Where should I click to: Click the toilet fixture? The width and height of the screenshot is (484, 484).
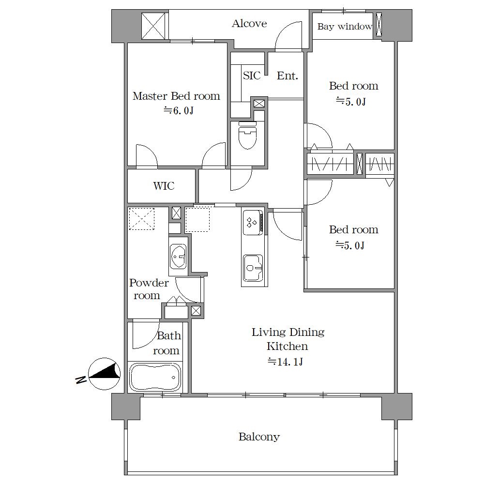click(x=247, y=135)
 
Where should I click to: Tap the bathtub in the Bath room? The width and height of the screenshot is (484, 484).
click(x=155, y=377)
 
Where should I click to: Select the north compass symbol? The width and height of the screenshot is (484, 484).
click(x=105, y=374)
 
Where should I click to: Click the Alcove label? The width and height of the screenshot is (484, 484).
click(x=249, y=23)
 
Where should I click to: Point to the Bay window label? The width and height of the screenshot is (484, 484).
click(x=345, y=27)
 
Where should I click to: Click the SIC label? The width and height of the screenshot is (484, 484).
click(x=252, y=76)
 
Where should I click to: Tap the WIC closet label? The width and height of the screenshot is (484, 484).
click(x=164, y=186)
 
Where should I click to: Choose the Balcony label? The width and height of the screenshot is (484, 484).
click(x=259, y=437)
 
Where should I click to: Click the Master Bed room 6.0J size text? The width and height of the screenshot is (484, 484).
click(x=178, y=110)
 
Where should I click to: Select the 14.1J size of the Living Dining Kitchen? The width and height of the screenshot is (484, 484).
click(x=285, y=362)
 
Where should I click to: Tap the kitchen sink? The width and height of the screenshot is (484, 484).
click(x=253, y=268)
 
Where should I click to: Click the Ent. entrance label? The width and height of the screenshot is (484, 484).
click(x=287, y=76)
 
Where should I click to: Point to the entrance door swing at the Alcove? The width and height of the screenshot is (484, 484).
click(x=288, y=35)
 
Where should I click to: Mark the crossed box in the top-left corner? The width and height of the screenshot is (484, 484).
click(x=153, y=26)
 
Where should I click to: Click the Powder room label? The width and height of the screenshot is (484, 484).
click(x=149, y=289)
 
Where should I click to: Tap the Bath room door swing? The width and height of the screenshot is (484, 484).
click(x=146, y=335)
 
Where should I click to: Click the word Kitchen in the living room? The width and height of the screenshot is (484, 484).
click(x=287, y=347)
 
